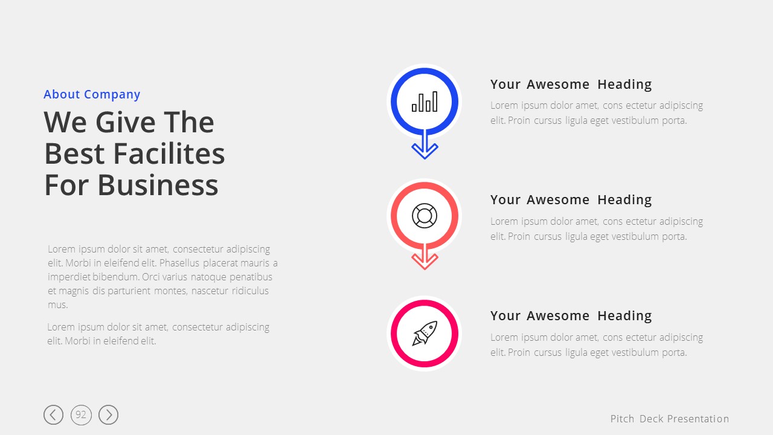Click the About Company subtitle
click(92, 95)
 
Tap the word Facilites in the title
click(169, 153)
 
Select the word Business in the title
click(158, 185)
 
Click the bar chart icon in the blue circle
click(425, 101)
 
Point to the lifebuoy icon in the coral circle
click(425, 216)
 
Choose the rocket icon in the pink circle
click(425, 333)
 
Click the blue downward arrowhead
click(425, 150)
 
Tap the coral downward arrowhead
click(425, 262)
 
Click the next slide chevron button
click(108, 414)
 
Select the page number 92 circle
click(81, 414)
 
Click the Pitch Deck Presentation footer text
click(670, 419)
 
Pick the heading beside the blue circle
click(571, 85)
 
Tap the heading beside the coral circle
click(571, 200)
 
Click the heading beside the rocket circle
click(571, 316)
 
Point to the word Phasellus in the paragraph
click(179, 263)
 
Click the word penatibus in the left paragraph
click(251, 277)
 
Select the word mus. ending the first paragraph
click(57, 305)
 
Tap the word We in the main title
click(65, 122)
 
